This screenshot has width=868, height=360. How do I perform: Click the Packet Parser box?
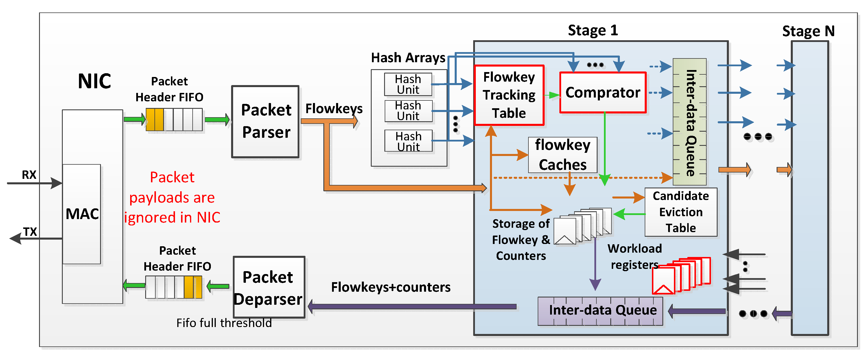[x=266, y=121]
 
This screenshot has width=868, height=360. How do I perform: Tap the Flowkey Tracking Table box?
[x=509, y=95]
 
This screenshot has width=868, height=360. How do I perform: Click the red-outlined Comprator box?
[x=603, y=92]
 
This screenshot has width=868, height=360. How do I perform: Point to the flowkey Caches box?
[x=562, y=155]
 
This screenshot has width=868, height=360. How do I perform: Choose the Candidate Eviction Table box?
[x=681, y=212]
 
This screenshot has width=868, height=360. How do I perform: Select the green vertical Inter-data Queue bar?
[x=690, y=122]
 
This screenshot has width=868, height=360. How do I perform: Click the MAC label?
[x=82, y=214]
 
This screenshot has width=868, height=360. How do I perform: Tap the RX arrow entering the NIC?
[x=34, y=183]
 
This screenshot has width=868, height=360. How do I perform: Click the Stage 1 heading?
[x=593, y=30]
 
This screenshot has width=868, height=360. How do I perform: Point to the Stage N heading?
[x=808, y=31]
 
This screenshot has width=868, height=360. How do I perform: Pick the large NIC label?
[x=94, y=81]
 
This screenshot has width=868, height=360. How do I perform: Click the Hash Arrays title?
[x=408, y=58]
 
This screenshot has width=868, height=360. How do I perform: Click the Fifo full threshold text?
[x=224, y=323]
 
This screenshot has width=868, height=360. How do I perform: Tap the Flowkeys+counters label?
[x=390, y=287]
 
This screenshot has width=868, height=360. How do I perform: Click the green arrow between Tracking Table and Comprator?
[x=552, y=95]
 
